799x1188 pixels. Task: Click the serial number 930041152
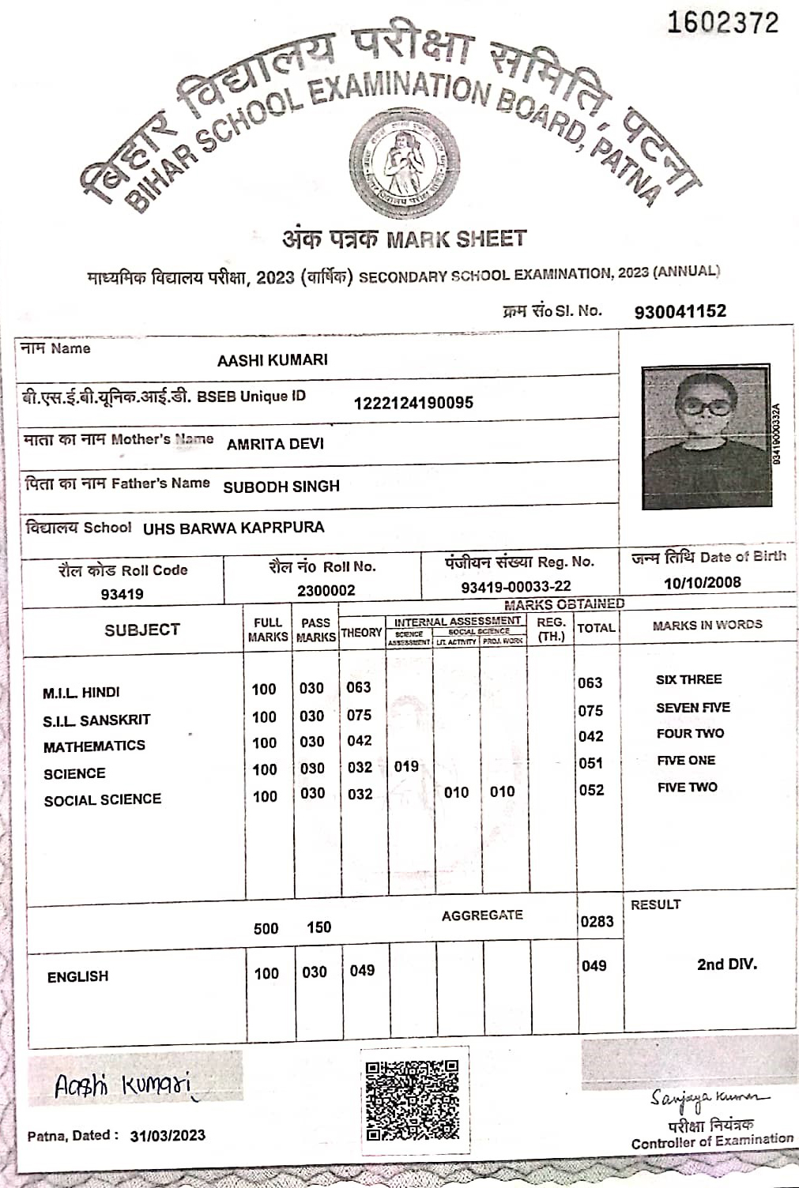(x=680, y=311)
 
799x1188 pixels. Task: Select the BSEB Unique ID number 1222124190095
(x=413, y=403)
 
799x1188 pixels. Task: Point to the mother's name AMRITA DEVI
(x=275, y=444)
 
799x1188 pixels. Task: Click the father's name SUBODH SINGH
(x=281, y=487)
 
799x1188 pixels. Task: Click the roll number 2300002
(x=326, y=590)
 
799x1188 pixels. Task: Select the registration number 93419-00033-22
(x=516, y=587)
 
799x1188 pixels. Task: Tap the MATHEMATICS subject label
(x=94, y=746)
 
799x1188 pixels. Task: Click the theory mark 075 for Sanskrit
(x=359, y=715)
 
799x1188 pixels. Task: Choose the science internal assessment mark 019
(x=406, y=766)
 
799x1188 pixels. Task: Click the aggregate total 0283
(x=597, y=921)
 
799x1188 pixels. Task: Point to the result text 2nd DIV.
(x=726, y=964)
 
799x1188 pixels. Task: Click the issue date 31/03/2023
(x=168, y=1136)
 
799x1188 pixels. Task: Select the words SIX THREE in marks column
(x=688, y=679)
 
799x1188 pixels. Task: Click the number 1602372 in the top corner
(x=722, y=23)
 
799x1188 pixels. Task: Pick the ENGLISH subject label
(x=77, y=977)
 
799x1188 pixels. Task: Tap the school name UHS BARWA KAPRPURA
(x=233, y=528)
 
